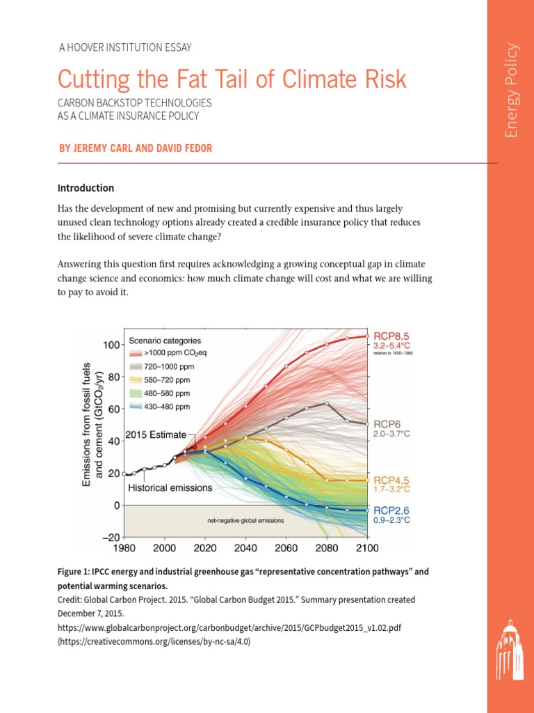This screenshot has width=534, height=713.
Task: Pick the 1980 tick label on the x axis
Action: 125,547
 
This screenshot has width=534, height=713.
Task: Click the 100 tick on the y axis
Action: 110,345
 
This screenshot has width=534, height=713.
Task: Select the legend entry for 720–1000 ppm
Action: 170,366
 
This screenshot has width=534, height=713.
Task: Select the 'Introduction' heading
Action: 86,188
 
